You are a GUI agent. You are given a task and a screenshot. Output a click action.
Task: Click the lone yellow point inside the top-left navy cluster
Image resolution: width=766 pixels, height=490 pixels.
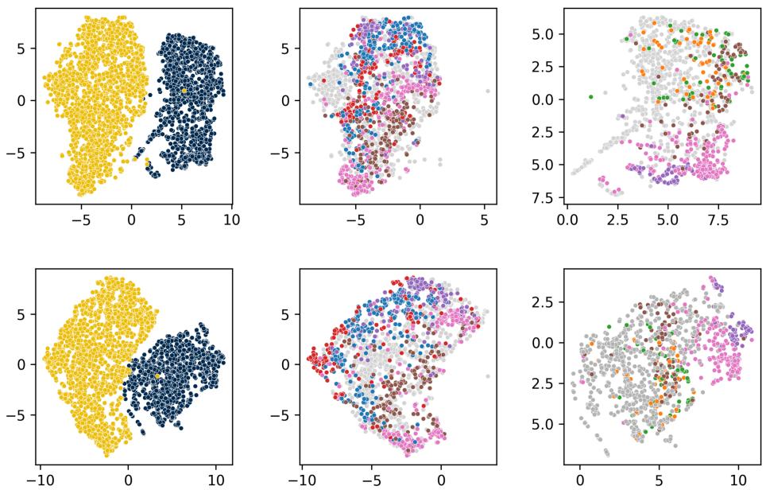coord(184,91)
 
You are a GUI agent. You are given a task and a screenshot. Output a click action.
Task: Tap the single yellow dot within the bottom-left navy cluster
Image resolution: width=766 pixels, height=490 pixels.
coord(157,375)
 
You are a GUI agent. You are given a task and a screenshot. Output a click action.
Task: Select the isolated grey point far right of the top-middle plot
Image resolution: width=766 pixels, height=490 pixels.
coord(487,91)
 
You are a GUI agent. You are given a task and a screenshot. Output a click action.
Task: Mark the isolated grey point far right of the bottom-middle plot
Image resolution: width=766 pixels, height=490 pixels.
coord(487,376)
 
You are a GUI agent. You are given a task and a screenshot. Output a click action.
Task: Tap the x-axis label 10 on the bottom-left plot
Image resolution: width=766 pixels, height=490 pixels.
coord(216,480)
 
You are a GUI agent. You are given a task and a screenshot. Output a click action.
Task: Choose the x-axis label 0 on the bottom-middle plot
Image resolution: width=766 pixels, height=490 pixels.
coord(441,480)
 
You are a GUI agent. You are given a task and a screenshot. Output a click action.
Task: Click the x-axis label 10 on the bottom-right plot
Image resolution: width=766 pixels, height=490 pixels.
coord(739,480)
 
